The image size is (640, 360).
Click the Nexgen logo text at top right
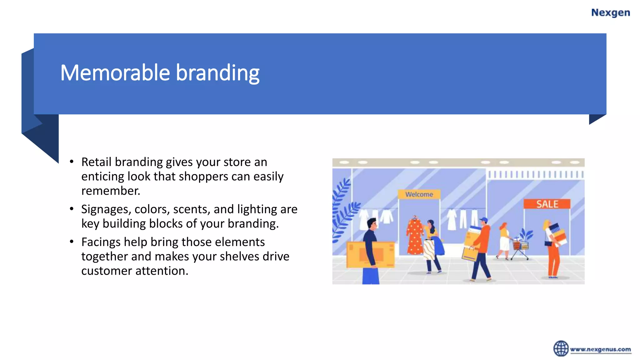click(x=610, y=13)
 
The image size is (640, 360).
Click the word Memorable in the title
click(x=115, y=73)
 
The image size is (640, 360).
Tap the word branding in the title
click(x=217, y=73)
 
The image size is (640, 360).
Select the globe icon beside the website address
click(x=561, y=348)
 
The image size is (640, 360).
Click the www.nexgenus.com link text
click(x=600, y=349)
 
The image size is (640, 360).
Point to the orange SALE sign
click(x=547, y=204)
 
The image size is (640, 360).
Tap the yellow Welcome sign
click(x=419, y=194)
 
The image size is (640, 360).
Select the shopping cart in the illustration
click(x=520, y=248)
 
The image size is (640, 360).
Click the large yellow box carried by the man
click(x=370, y=254)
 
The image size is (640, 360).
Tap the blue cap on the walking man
click(x=484, y=220)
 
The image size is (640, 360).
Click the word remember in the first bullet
click(x=110, y=191)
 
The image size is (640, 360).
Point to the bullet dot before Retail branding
click(x=72, y=162)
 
